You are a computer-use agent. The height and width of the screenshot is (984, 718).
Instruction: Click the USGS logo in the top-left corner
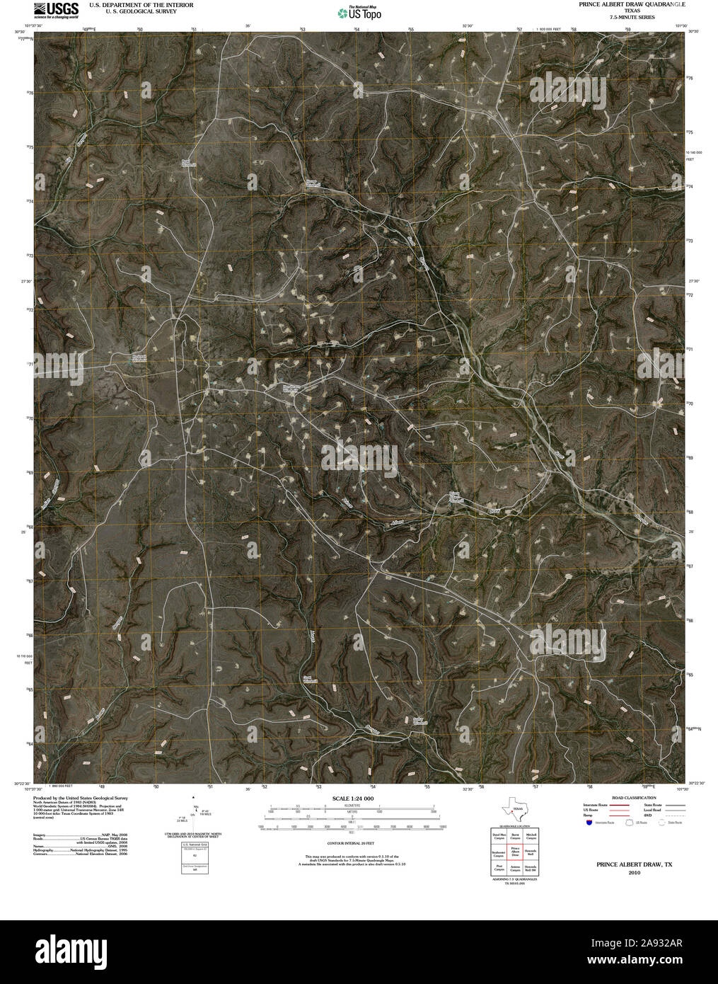click(x=55, y=8)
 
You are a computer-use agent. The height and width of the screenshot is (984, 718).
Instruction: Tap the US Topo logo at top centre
click(x=359, y=12)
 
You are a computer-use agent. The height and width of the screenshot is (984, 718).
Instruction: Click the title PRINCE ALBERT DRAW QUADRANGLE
click(x=631, y=4)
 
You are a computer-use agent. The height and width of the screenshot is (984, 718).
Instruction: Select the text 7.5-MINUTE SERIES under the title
click(x=631, y=17)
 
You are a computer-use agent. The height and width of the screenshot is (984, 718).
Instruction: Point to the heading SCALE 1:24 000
click(x=352, y=799)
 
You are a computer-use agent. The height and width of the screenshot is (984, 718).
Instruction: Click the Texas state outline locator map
click(x=514, y=808)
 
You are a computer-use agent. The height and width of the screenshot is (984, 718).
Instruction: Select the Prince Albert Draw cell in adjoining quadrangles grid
click(x=516, y=852)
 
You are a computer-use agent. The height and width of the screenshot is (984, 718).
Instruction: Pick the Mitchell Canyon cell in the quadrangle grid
click(x=531, y=835)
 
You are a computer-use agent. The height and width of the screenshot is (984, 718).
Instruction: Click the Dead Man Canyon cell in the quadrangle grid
click(x=499, y=835)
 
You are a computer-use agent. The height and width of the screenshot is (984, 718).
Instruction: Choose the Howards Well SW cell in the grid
click(x=531, y=869)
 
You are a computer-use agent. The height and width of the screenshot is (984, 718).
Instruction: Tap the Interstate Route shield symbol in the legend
click(x=588, y=823)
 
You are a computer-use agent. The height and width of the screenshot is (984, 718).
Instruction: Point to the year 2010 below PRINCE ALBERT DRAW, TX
click(x=634, y=873)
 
